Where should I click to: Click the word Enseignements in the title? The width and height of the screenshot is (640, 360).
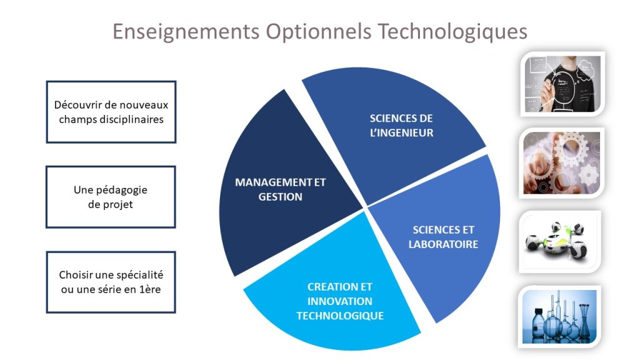tap(186, 32)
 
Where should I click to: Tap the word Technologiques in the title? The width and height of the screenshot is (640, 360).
tap(452, 32)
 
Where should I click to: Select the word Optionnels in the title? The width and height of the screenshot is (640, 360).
tap(318, 31)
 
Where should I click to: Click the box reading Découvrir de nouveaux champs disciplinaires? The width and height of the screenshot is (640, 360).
tap(111, 112)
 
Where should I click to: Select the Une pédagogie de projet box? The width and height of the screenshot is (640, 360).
tap(111, 197)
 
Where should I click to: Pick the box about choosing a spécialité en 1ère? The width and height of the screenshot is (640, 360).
tap(111, 282)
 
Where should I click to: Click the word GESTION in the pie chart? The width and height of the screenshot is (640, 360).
tap(281, 197)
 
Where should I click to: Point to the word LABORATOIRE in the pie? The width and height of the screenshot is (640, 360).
tap(443, 244)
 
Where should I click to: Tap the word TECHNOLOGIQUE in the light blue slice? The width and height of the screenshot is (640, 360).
tap(340, 316)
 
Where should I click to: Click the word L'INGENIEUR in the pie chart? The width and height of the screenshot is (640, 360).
tap(402, 132)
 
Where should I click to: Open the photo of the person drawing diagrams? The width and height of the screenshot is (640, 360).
tap(562, 84)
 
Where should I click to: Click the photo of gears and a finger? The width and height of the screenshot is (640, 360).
tap(562, 163)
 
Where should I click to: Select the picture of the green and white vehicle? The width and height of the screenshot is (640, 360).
tap(560, 242)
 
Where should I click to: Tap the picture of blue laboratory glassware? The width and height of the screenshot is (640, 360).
tap(559, 317)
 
